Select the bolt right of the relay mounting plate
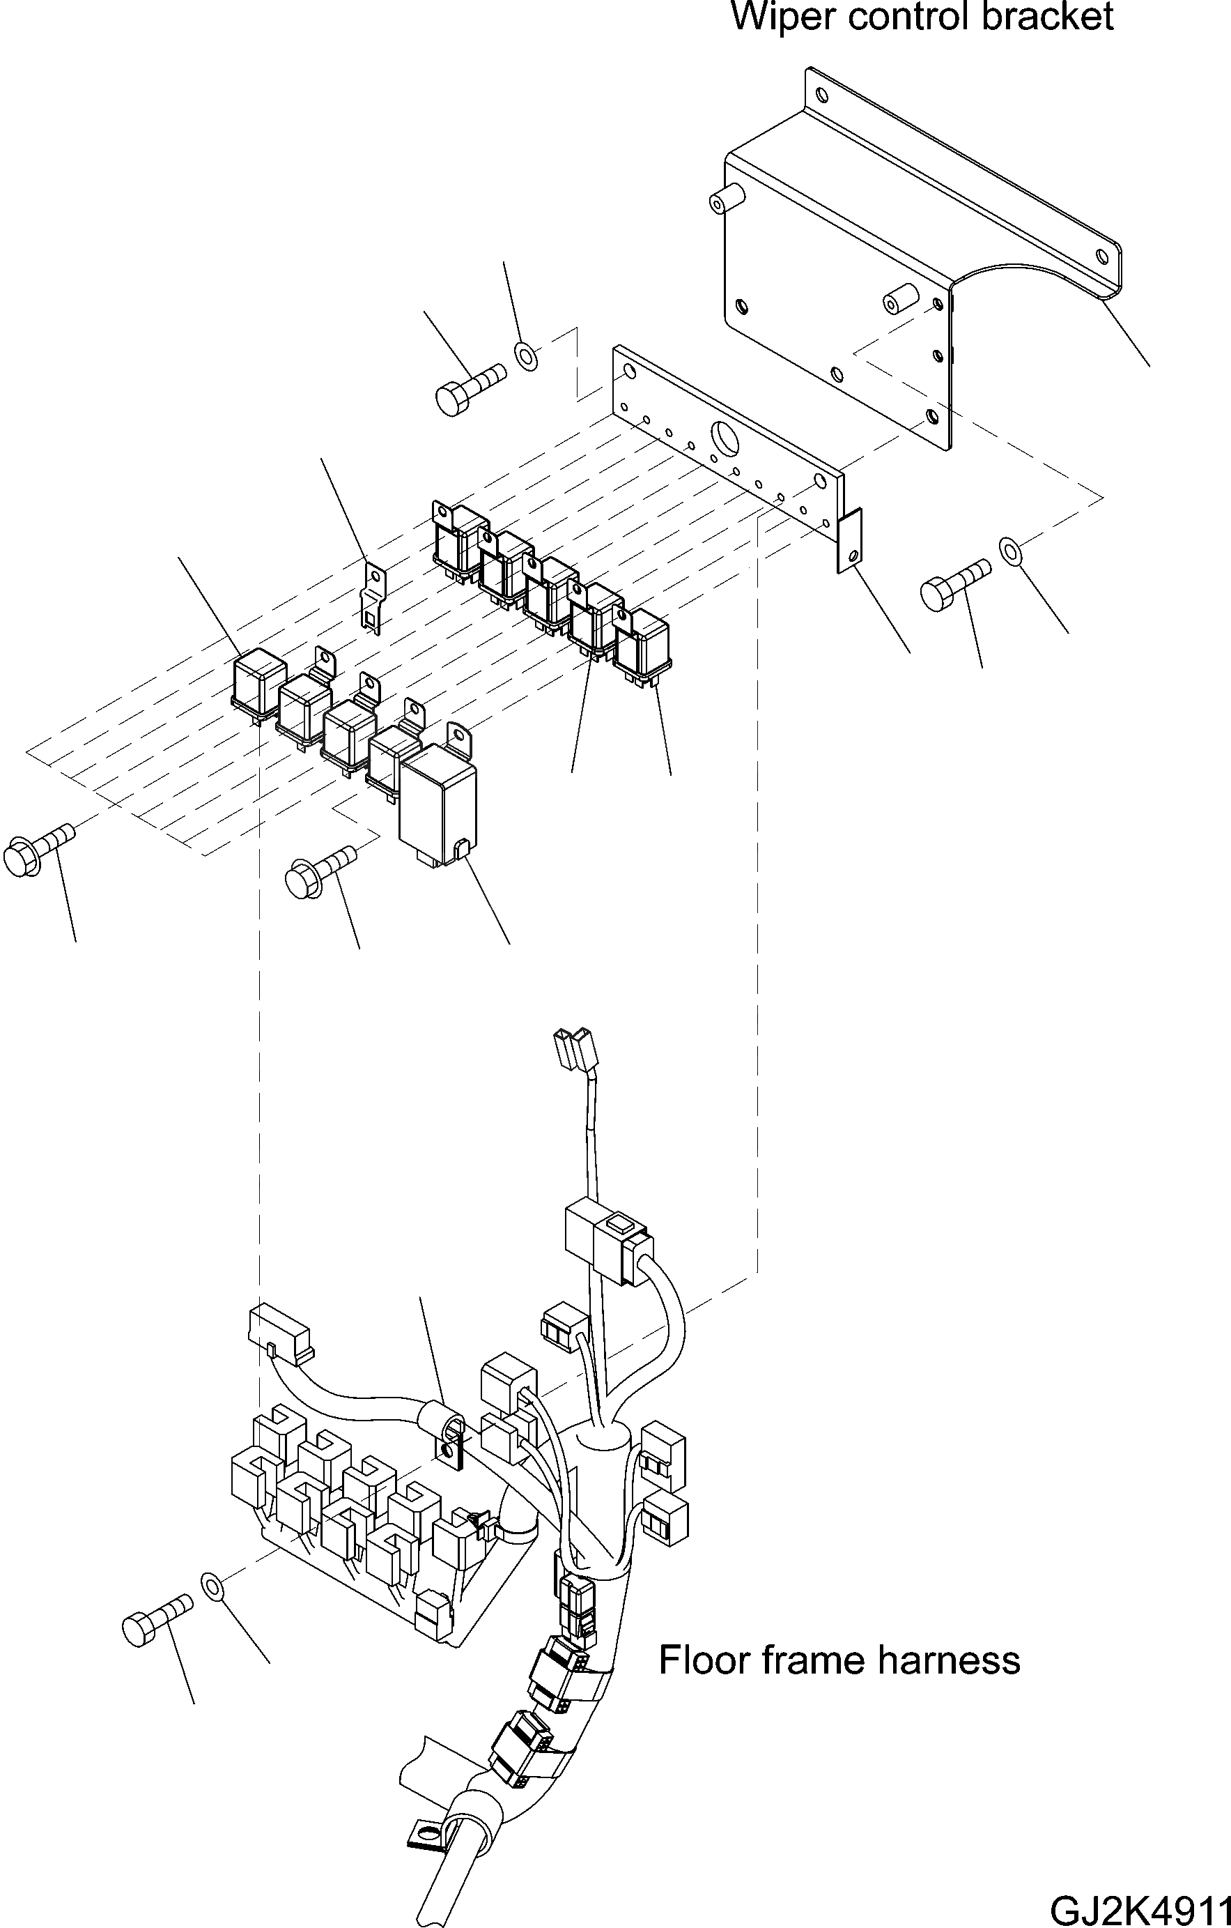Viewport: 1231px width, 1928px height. pos(954,586)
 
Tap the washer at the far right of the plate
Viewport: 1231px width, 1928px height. pos(1011,551)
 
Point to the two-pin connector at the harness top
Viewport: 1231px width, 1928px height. pos(575,1049)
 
